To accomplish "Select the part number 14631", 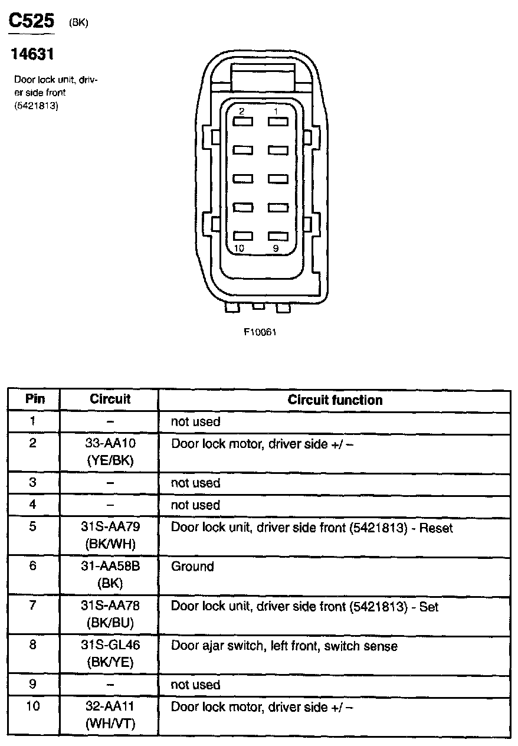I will [33, 54].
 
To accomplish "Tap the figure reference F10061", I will [260, 332].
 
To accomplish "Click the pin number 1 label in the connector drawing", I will [275, 110].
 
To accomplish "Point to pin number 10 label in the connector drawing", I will [239, 248].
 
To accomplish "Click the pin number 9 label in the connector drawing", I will [276, 248].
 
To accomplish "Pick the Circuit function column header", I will [335, 400].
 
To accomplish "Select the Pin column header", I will [35, 398].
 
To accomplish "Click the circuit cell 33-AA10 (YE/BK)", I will [110, 451].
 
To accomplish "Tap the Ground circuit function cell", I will [192, 567].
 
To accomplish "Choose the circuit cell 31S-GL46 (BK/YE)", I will [110, 653].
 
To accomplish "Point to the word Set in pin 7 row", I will [429, 606].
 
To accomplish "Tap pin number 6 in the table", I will [33, 566].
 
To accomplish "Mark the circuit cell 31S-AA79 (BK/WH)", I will [110, 535].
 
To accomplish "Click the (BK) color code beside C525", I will [78, 23].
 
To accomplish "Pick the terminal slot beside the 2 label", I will [242, 121].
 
